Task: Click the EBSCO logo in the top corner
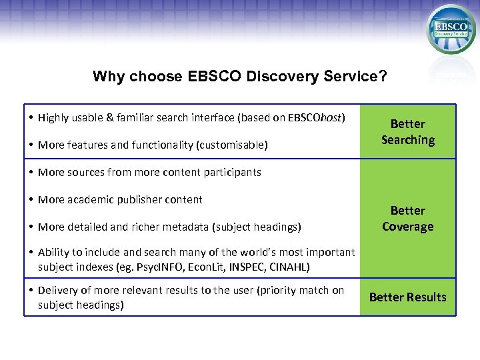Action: tap(451, 29)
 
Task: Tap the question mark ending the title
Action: tap(383, 76)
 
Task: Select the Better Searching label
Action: tap(407, 132)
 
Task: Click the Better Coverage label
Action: tap(407, 219)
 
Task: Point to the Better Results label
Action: tap(407, 297)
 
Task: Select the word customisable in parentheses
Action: tap(233, 145)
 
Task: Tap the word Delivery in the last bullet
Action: tap(57, 291)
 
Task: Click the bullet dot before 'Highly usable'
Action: tap(31, 118)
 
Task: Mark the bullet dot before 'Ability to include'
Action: tap(31, 252)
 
